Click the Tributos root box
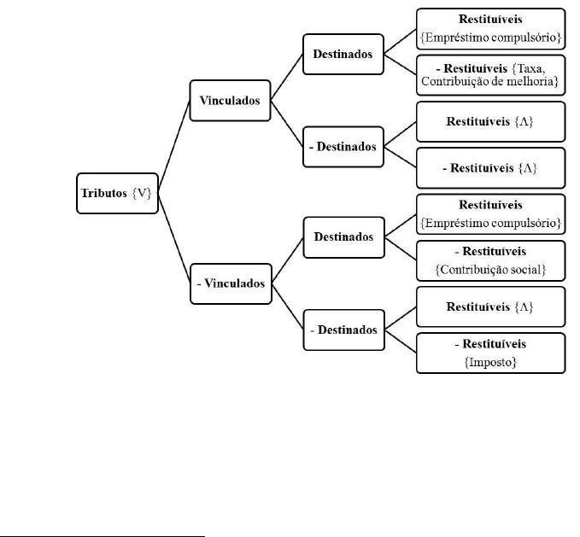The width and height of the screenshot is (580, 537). (x=117, y=193)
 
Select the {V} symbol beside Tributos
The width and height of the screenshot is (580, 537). (x=142, y=193)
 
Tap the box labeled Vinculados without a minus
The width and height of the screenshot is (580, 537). (x=230, y=101)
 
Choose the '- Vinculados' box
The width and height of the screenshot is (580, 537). (x=231, y=283)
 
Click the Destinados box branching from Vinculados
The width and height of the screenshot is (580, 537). (x=343, y=55)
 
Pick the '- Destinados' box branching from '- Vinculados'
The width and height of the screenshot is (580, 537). (x=344, y=330)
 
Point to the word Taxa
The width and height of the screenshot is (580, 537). (x=531, y=69)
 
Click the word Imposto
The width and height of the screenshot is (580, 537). (x=490, y=362)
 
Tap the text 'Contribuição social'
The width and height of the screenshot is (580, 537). (x=490, y=270)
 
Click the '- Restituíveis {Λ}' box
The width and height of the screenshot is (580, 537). (x=491, y=168)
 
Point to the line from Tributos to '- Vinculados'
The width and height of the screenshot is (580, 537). (x=174, y=239)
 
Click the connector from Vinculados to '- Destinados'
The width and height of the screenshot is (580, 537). (x=287, y=124)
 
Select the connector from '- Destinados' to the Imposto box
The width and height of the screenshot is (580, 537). (x=401, y=341)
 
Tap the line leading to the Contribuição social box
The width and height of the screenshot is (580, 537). (x=401, y=248)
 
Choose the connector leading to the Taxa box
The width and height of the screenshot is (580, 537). (x=401, y=65)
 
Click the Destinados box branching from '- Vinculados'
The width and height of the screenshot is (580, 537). (x=344, y=237)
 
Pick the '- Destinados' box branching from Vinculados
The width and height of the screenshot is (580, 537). (x=343, y=147)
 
